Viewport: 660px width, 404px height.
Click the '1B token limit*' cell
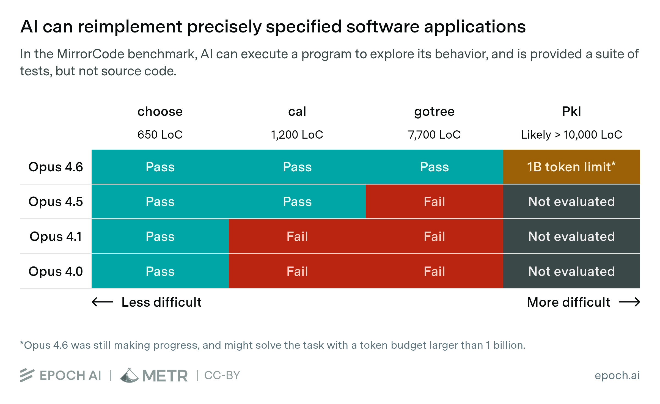571,167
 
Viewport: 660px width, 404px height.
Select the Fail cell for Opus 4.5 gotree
434,202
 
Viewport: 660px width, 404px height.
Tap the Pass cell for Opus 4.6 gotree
434,167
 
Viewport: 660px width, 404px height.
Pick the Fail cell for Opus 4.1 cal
297,237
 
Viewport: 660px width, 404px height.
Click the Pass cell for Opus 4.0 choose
160,271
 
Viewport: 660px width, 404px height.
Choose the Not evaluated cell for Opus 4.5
571,202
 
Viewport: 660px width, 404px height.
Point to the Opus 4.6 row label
56,167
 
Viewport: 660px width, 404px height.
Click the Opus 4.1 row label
56,237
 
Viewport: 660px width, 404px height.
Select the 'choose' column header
160,112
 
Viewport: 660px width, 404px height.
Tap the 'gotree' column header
434,112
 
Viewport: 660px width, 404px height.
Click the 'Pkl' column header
571,112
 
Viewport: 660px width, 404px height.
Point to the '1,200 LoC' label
297,135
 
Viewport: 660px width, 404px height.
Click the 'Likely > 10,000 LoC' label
571,135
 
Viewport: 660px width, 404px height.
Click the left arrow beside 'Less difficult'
102,302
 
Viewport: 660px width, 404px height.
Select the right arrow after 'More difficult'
629,302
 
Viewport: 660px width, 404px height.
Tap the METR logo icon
129,376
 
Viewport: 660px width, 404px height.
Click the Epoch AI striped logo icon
27,375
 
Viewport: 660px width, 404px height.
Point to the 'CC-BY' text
222,375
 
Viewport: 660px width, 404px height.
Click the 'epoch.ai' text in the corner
617,375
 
